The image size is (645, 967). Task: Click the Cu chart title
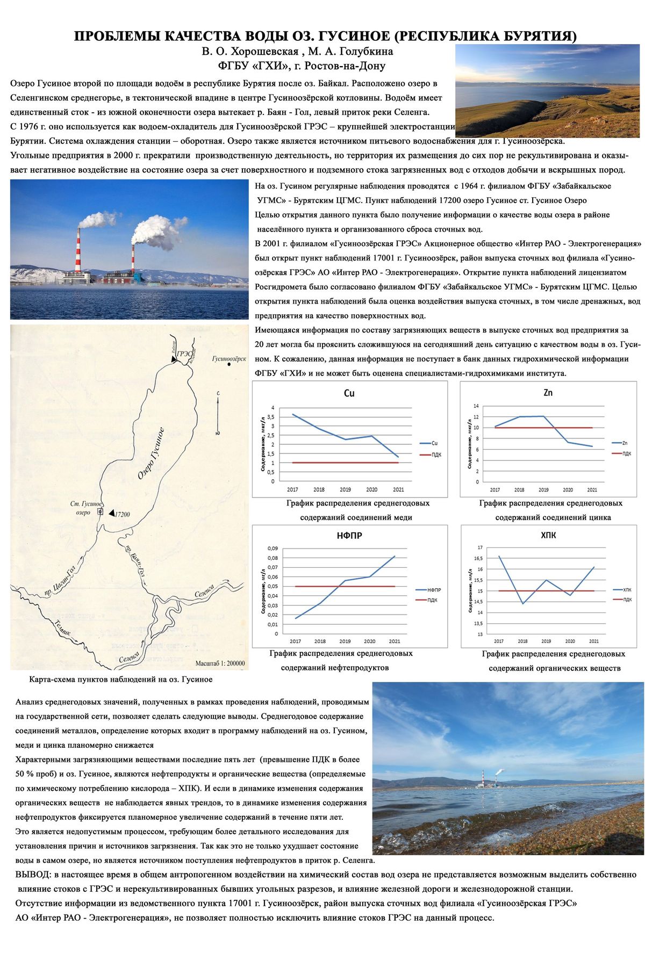click(349, 393)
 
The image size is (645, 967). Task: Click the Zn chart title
click(548, 393)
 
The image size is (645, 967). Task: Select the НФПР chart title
click(349, 536)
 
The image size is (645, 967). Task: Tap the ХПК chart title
click(548, 536)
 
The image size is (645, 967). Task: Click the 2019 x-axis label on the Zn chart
click(543, 490)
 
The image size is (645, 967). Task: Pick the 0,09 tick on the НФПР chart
click(273, 549)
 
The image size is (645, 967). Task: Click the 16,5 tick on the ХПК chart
click(479, 558)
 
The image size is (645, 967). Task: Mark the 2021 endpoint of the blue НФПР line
click(395, 556)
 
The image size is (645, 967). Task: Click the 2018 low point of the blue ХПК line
click(522, 604)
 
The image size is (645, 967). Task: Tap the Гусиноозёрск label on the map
click(229, 358)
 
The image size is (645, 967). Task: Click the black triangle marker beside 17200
click(111, 514)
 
